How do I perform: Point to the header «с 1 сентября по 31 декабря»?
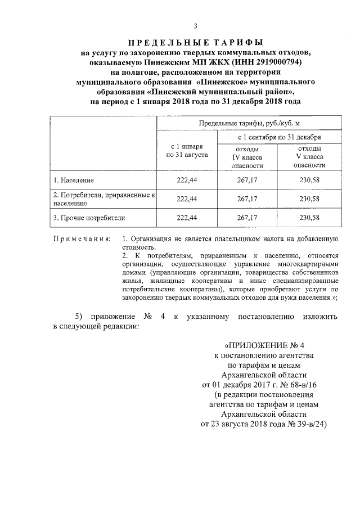coord(279,137)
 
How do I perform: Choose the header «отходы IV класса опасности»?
coord(247,156)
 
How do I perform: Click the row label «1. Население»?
coord(74,180)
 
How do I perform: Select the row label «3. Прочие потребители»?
coord(89,217)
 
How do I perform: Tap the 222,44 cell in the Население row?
coord(187,180)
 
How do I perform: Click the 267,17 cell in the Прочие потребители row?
coord(247,217)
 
